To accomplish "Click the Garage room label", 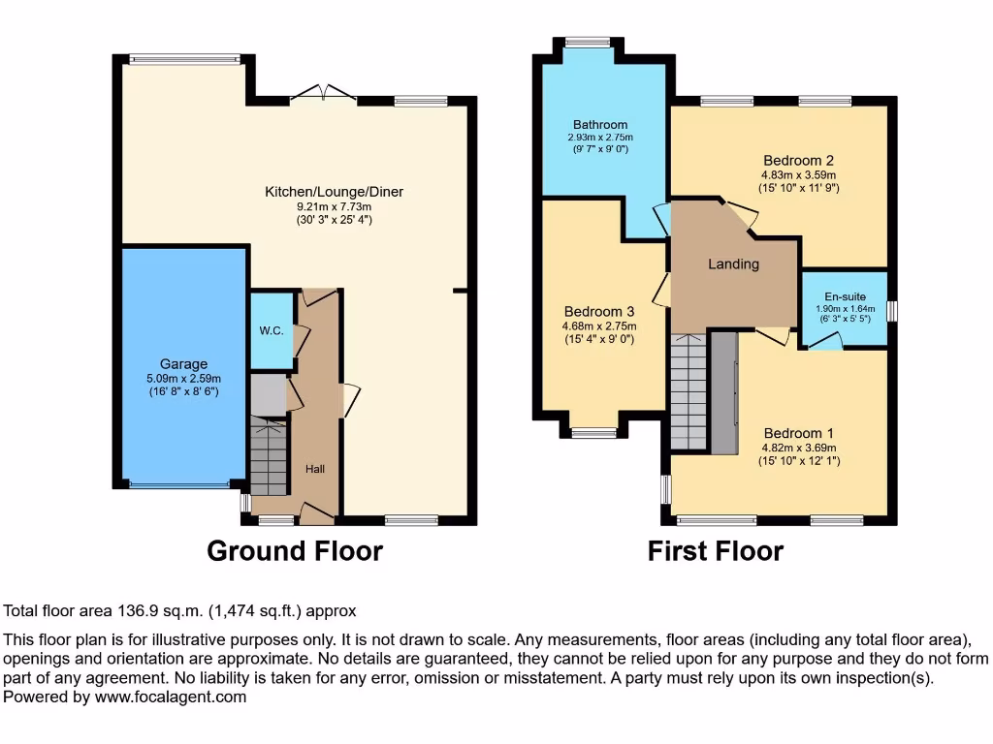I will (184, 364).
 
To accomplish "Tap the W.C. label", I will (272, 331).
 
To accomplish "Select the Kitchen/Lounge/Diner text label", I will (334, 192).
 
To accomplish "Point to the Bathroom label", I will (599, 125).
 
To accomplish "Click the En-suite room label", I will (844, 296).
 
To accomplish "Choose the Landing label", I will (733, 263).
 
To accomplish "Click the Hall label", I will (315, 469).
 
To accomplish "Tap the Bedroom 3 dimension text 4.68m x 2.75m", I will (599, 326).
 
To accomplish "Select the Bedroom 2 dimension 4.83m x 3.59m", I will (799, 175).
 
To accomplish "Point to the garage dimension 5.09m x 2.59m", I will (184, 379).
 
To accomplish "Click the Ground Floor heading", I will (295, 551).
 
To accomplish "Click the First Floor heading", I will (716, 551).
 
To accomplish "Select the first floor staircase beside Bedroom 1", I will (689, 392).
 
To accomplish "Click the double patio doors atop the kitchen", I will (323, 93).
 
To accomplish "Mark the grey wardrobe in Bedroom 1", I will (723, 392).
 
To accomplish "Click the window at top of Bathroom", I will (588, 42).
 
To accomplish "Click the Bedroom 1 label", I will (799, 433).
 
